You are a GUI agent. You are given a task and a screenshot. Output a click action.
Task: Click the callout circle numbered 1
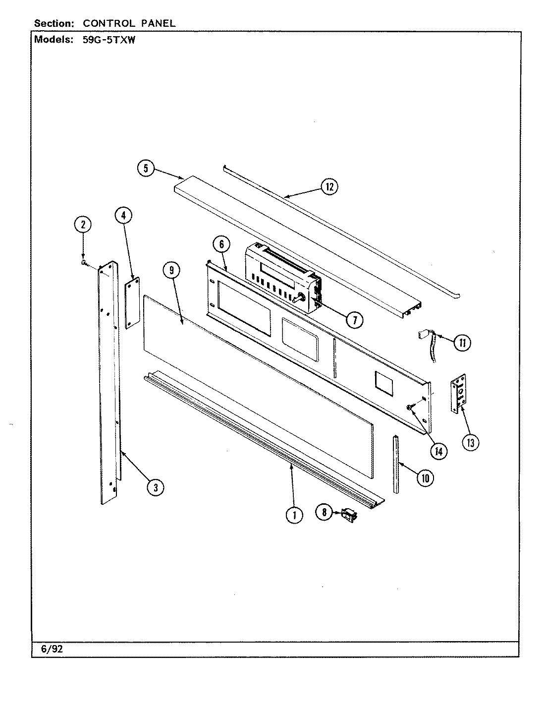(x=294, y=515)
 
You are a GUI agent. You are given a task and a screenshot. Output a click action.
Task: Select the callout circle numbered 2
(x=83, y=225)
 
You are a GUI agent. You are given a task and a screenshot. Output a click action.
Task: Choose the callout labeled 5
(x=146, y=168)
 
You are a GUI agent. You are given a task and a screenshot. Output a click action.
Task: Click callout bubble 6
(x=221, y=244)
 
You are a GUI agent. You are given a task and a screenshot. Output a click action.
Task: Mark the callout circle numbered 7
(x=354, y=320)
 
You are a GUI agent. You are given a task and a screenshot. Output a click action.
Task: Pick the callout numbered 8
(x=325, y=512)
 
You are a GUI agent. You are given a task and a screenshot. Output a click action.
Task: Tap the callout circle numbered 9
(x=171, y=270)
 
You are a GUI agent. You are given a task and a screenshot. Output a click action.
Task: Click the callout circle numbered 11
(x=462, y=343)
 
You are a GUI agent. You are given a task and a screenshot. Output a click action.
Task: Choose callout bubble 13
(x=470, y=442)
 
